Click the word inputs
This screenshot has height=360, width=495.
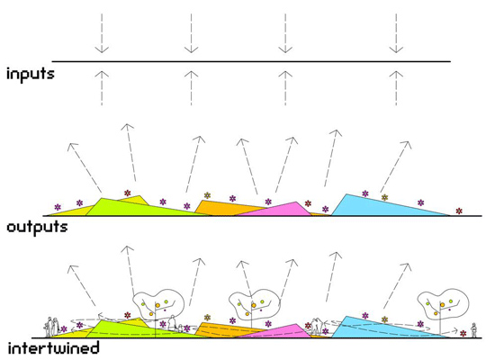coord(31,75)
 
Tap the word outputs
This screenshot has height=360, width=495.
coord(37,228)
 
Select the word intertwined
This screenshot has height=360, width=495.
coord(53,348)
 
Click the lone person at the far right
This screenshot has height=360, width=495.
coord(473,330)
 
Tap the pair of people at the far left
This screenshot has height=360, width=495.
coord(52,328)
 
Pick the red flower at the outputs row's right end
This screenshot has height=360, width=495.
coord(459,211)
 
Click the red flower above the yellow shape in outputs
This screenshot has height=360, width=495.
coord(127,193)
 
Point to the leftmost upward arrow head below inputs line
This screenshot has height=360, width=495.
coord(102,75)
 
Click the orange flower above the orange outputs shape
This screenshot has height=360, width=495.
coord(207,195)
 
